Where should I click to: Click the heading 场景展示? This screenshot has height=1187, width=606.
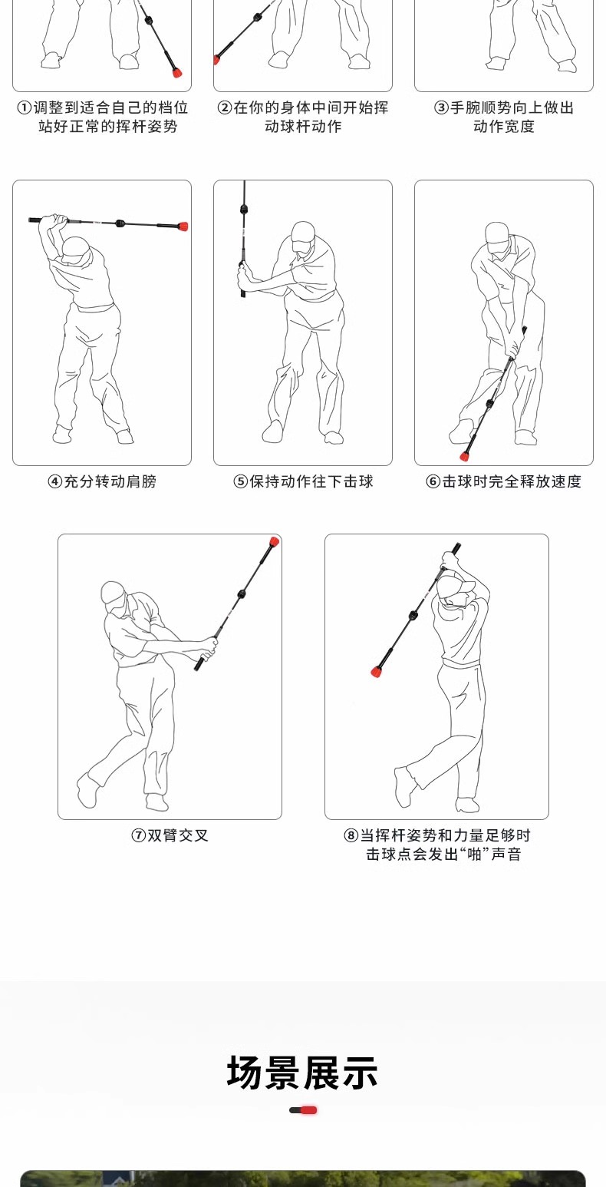tap(302, 1073)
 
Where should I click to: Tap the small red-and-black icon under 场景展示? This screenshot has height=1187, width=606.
tap(303, 1109)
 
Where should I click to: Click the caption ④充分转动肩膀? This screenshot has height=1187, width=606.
tap(102, 481)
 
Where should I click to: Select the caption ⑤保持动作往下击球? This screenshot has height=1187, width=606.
tap(303, 481)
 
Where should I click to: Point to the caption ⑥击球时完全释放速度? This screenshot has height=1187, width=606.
tap(503, 481)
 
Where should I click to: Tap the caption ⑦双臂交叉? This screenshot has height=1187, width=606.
tap(170, 835)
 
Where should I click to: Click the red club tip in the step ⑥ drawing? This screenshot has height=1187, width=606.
tap(465, 456)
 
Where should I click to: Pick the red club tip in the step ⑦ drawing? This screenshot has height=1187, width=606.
tap(274, 541)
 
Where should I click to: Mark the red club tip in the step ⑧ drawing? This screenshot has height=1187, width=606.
tap(377, 671)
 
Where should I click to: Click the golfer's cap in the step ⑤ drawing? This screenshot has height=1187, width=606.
tap(303, 233)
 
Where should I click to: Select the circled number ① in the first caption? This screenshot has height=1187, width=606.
tap(25, 107)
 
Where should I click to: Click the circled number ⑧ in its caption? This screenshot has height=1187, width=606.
tap(351, 835)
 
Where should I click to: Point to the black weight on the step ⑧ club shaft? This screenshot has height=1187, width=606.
tap(413, 615)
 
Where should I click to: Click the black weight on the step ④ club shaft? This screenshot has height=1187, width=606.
tap(120, 223)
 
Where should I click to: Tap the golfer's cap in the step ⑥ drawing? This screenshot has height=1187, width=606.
tap(497, 233)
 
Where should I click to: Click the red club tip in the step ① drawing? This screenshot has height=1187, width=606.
tap(177, 72)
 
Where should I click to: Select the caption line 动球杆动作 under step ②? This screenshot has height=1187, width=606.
tap(303, 127)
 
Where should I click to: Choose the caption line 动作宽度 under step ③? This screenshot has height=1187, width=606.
tap(504, 127)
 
